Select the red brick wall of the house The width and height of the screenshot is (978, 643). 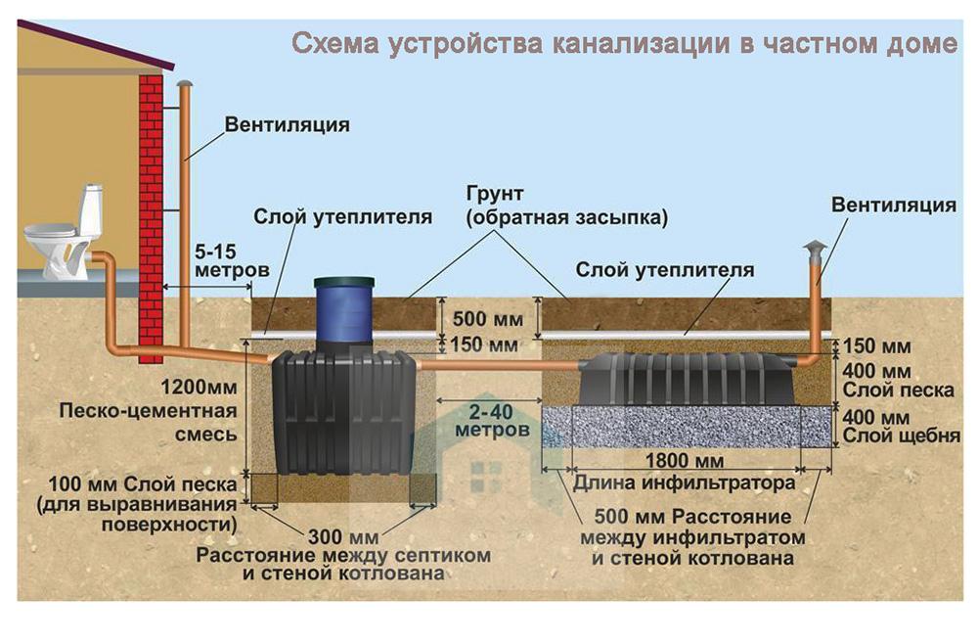point(151,196)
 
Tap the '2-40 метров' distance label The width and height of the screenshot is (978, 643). point(484,420)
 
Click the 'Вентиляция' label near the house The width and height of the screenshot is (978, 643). point(287,125)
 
